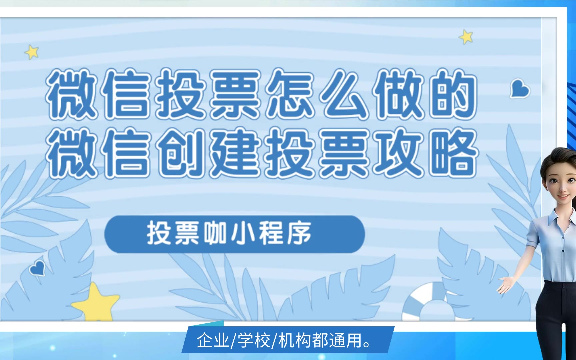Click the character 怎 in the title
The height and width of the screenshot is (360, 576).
[x=290, y=94]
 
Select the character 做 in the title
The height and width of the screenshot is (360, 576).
[x=399, y=94]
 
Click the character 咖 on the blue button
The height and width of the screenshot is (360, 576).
[x=215, y=233]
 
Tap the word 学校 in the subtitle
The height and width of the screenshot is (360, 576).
[x=254, y=341]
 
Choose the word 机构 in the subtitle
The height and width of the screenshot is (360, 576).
[x=295, y=341]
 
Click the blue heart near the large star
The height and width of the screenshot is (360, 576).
[x=37, y=269]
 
